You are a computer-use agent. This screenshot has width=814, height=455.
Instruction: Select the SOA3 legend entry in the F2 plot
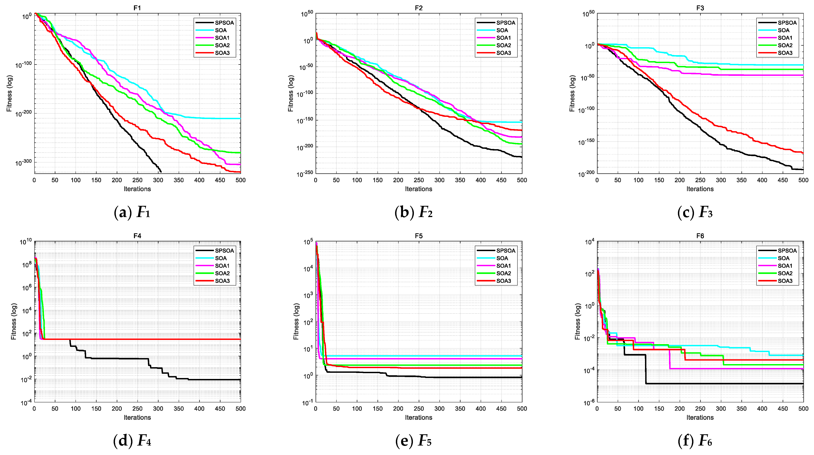(x=503, y=53)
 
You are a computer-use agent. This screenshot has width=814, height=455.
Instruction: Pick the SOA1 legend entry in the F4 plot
(x=222, y=266)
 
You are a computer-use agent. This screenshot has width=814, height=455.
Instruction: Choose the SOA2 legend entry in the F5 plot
(x=503, y=273)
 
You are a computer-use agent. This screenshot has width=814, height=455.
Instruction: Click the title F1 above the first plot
(x=137, y=8)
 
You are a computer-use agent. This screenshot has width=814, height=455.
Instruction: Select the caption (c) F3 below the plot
(x=695, y=212)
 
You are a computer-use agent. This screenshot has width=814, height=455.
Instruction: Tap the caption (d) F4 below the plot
(x=132, y=440)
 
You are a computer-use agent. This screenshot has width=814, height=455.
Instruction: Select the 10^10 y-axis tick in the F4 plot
(x=26, y=242)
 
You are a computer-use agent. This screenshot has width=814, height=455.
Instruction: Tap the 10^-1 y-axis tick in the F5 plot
(x=307, y=403)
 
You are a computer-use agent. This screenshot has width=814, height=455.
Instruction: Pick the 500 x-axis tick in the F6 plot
(x=803, y=409)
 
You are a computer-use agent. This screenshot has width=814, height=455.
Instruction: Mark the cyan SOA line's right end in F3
(x=803, y=65)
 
